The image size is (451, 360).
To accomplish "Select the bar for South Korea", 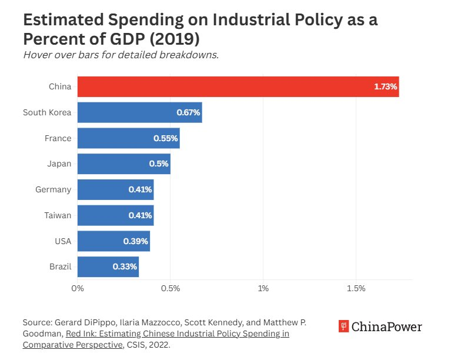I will point(139,112).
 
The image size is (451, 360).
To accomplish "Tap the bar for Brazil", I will point(108,266).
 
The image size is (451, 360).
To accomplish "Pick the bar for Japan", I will point(123,164).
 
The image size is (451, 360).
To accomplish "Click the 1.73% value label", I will point(386,87).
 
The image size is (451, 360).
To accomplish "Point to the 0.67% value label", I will point(189,112).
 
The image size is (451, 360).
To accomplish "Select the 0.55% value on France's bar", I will point(166,138).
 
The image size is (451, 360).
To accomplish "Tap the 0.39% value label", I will point(136,241).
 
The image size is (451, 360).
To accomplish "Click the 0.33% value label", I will point(125,267).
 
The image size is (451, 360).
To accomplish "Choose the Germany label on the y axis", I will point(54,189).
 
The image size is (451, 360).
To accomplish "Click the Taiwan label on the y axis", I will point(58,215).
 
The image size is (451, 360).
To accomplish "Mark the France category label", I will point(58,138).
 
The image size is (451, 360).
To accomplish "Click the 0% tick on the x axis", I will point(78,289).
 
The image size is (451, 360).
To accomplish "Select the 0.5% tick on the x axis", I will point(170,289).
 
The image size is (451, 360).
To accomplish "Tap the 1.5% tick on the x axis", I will point(356,289).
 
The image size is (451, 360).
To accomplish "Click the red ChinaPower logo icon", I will point(344,326).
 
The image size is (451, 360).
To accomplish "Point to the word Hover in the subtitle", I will point(36,55).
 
